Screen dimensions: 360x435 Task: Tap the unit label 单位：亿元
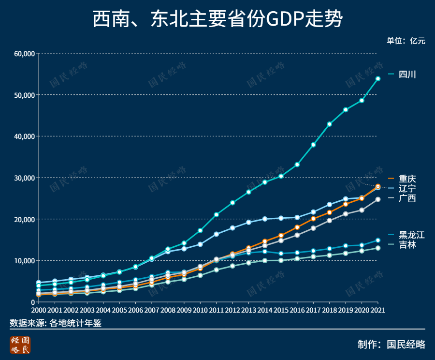point(406,41)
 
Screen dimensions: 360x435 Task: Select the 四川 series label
point(407,75)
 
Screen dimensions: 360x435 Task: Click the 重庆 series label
point(407,179)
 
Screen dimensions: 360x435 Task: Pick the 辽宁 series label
point(407,188)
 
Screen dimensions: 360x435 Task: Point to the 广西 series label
point(407,198)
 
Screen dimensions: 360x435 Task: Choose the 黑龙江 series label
point(411,235)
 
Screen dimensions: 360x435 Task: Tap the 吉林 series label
point(407,245)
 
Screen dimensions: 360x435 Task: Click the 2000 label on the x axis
point(39,310)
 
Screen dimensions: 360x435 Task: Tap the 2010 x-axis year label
point(200,310)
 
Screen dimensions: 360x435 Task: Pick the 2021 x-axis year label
point(377,310)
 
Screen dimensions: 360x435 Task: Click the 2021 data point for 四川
point(378,78)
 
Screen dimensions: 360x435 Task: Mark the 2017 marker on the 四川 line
point(313,145)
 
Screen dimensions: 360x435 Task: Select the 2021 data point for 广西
point(378,199)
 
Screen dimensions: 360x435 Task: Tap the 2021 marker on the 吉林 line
point(378,248)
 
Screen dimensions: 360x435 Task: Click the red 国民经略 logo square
point(20,345)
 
